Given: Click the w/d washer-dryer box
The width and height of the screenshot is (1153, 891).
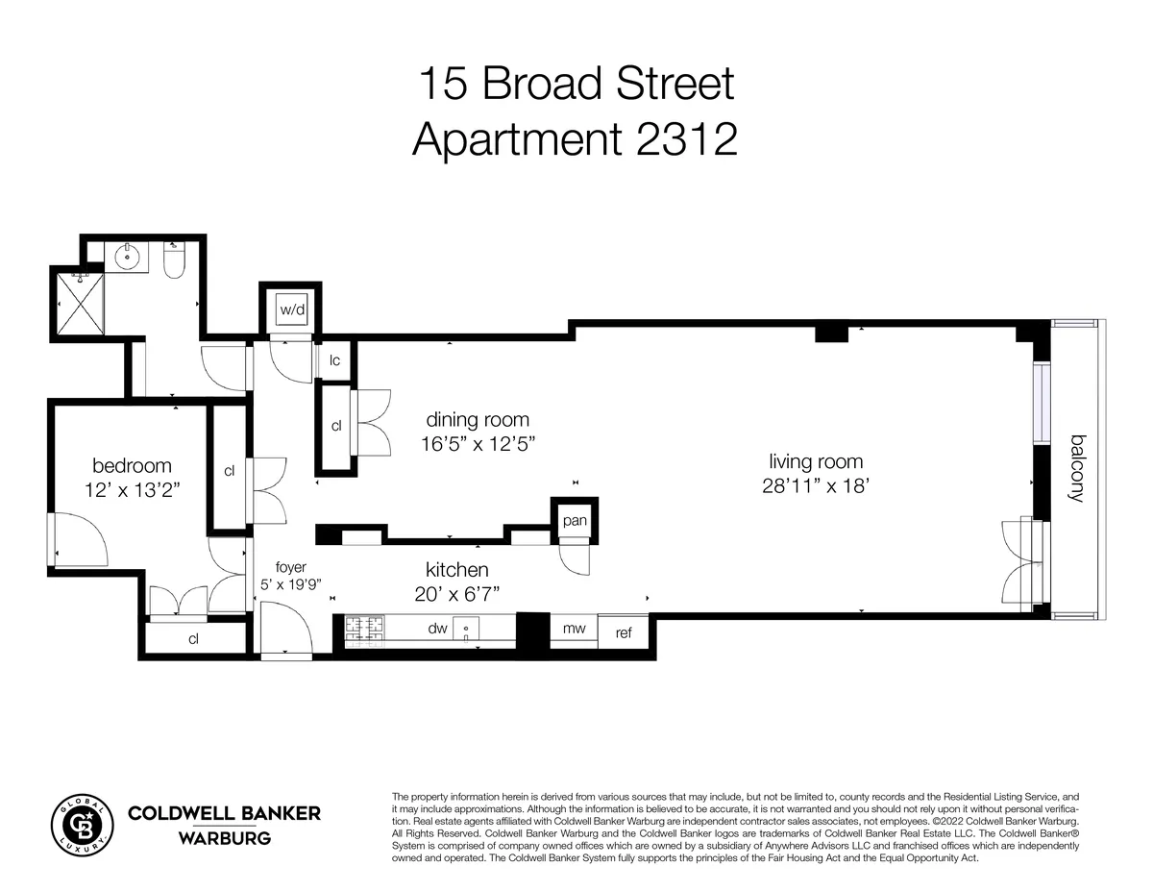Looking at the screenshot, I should [x=290, y=309].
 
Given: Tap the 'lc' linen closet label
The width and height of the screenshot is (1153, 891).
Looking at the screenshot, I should [x=335, y=361].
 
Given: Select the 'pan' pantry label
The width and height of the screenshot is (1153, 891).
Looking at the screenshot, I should [x=575, y=521].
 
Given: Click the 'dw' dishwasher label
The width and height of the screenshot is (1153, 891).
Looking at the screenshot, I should [x=438, y=629].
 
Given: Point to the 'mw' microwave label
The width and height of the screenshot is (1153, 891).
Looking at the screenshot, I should [x=575, y=629].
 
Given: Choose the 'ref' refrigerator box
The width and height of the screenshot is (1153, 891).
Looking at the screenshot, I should [x=625, y=632].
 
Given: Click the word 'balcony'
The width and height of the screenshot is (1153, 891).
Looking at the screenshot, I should [x=1078, y=468].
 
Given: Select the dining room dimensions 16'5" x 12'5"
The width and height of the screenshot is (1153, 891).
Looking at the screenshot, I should [x=477, y=444].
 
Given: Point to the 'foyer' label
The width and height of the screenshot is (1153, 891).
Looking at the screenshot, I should [x=290, y=566].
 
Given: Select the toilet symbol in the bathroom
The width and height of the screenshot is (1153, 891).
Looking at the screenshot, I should [x=174, y=260].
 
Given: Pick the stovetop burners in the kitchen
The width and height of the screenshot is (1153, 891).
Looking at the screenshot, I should [x=363, y=629].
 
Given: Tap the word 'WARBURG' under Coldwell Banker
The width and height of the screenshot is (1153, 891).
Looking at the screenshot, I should [x=224, y=838].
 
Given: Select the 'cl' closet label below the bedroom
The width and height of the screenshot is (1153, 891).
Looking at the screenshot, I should [x=193, y=638].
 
